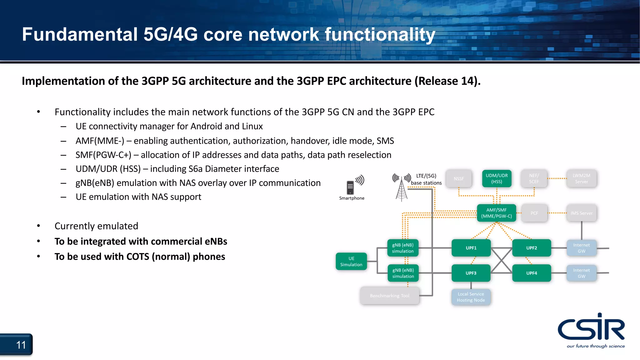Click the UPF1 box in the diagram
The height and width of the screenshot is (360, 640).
[x=471, y=248]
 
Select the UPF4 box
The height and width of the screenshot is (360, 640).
[x=531, y=273]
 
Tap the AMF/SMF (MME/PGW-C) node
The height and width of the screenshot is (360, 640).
[x=496, y=213]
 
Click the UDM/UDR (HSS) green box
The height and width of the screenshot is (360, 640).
[x=497, y=178]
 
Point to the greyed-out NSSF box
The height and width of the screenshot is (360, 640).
[x=458, y=179]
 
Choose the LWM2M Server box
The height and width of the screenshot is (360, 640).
[x=581, y=178]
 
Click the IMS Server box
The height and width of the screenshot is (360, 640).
[x=581, y=213]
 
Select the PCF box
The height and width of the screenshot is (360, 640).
[x=534, y=213]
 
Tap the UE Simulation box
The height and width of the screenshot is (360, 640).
[x=351, y=261]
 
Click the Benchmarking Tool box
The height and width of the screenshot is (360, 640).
[x=389, y=296]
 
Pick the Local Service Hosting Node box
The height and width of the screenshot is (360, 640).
[x=471, y=297]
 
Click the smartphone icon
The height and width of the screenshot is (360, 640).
[x=351, y=187]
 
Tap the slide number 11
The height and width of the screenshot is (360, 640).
[x=21, y=345]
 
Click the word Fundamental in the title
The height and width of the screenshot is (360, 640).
[x=80, y=34]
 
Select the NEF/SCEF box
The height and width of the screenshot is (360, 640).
[x=534, y=178]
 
